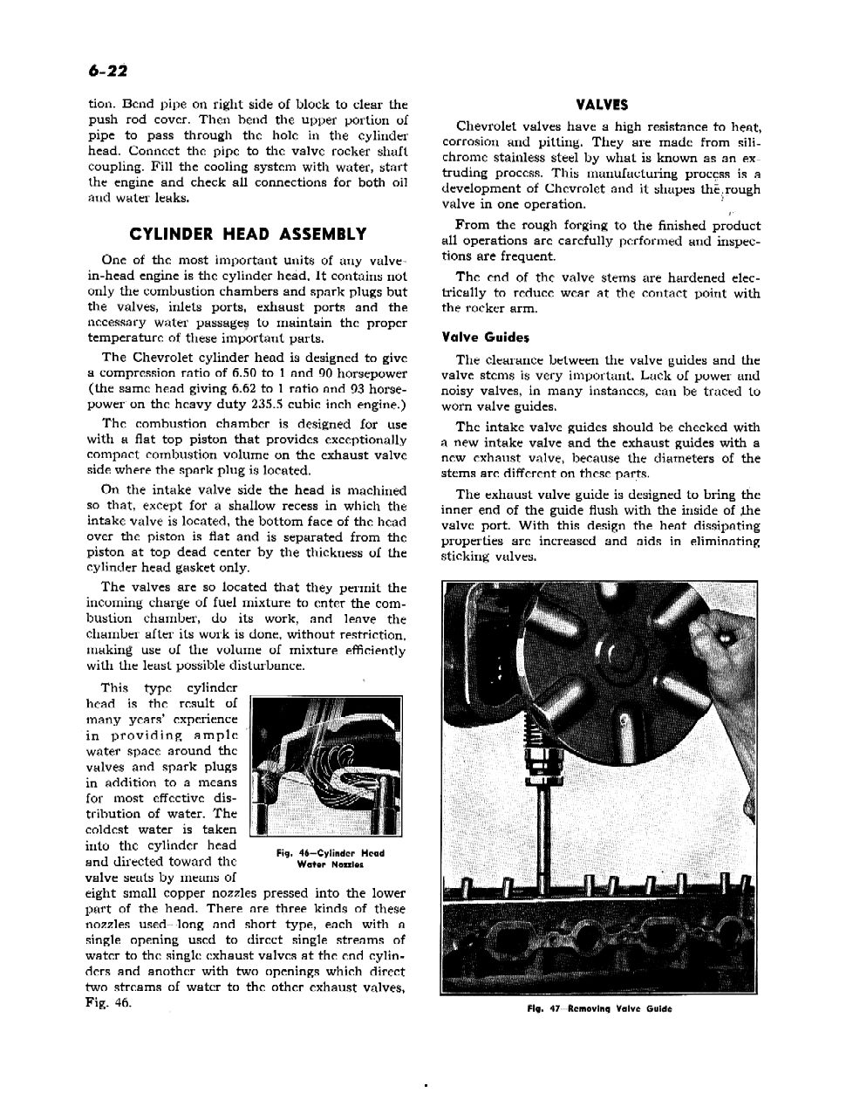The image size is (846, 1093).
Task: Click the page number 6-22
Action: [x=107, y=69]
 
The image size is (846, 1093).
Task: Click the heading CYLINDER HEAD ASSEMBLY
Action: [x=248, y=234]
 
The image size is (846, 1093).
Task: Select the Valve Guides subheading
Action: [x=486, y=337]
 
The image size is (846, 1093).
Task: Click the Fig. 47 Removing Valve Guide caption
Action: [x=599, y=1009]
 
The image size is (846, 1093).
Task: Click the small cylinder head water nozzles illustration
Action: [x=324, y=765]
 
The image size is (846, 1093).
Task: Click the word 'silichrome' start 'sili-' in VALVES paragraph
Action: [x=745, y=142]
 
